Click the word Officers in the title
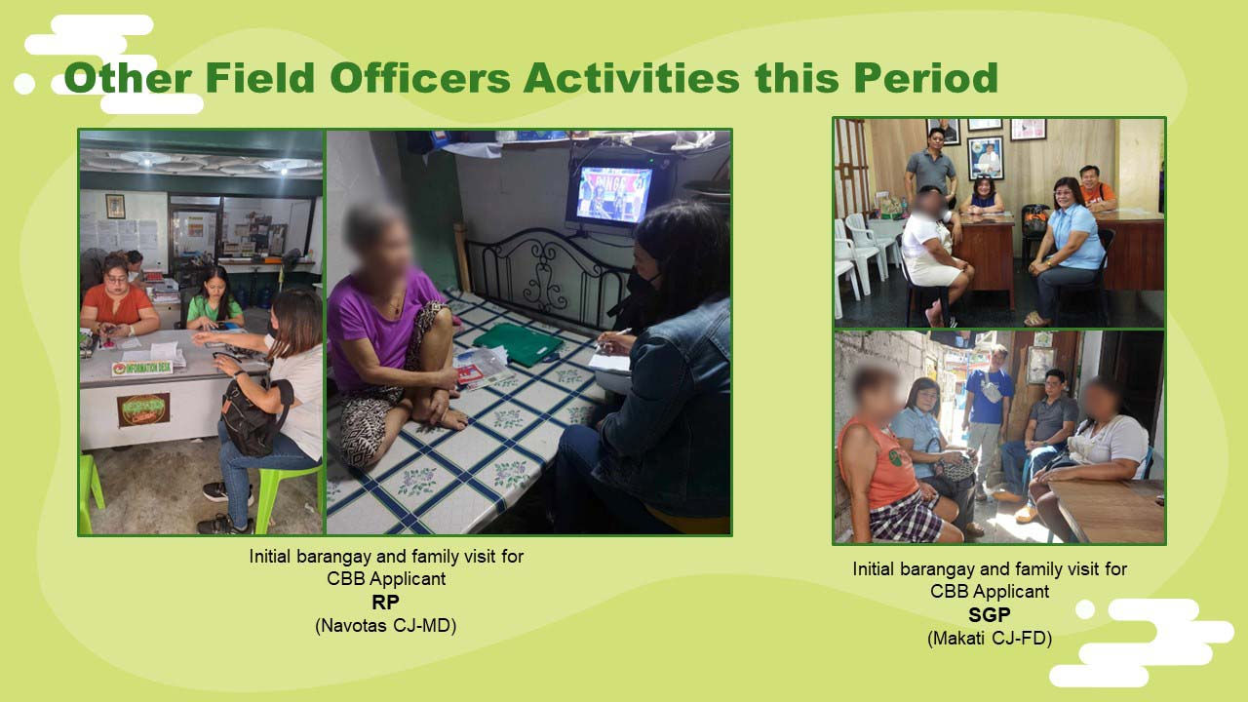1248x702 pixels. [x=420, y=78]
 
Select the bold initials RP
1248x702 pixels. [x=385, y=603]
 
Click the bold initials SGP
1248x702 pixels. [x=990, y=615]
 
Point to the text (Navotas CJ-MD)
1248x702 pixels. [x=385, y=626]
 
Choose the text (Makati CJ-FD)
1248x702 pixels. [x=990, y=639]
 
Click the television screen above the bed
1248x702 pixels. [x=613, y=194]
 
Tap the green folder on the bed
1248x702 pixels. [x=518, y=344]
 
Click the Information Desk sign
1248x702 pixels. [x=141, y=368]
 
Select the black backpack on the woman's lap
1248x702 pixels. [x=255, y=415]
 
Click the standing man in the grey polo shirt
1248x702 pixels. [x=930, y=165]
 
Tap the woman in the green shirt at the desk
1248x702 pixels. [x=214, y=299]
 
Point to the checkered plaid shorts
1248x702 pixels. [x=906, y=518]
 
